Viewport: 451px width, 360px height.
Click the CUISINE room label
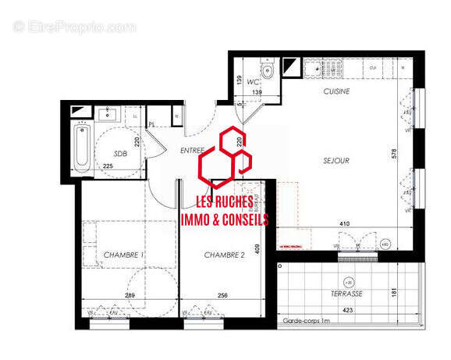336,92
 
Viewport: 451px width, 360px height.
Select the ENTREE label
191,150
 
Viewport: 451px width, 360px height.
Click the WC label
253,81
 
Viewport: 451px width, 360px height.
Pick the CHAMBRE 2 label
225,255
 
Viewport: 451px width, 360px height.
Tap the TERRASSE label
346,294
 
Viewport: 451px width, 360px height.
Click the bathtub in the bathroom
82,147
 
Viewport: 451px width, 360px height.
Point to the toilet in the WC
268,72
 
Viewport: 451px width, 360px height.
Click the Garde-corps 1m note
307,321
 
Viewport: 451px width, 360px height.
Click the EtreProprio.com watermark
74,27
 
